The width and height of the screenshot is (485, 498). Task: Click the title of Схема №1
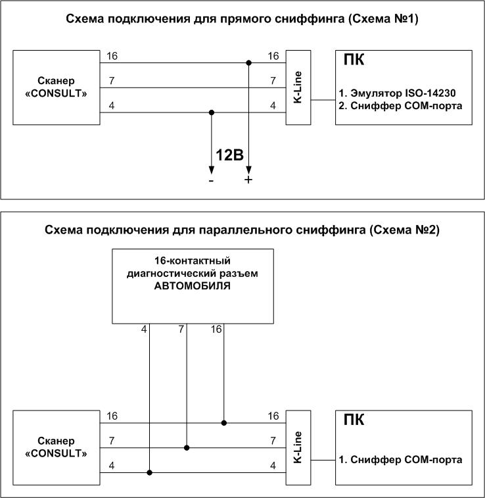click(242, 19)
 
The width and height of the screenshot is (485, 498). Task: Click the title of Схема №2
click(242, 230)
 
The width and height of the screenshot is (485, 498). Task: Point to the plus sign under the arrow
click(248, 180)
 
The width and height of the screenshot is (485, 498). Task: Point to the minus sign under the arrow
click(211, 180)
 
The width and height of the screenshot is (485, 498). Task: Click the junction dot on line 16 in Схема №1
click(248, 64)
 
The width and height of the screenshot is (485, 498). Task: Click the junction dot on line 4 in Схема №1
click(211, 112)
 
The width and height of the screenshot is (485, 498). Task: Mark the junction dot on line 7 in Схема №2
click(187, 447)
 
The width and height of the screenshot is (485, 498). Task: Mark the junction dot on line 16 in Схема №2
click(225, 423)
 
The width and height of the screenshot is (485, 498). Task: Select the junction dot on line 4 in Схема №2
click(150, 472)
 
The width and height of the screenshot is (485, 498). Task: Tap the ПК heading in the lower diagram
click(354, 420)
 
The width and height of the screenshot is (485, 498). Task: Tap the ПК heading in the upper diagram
click(354, 61)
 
